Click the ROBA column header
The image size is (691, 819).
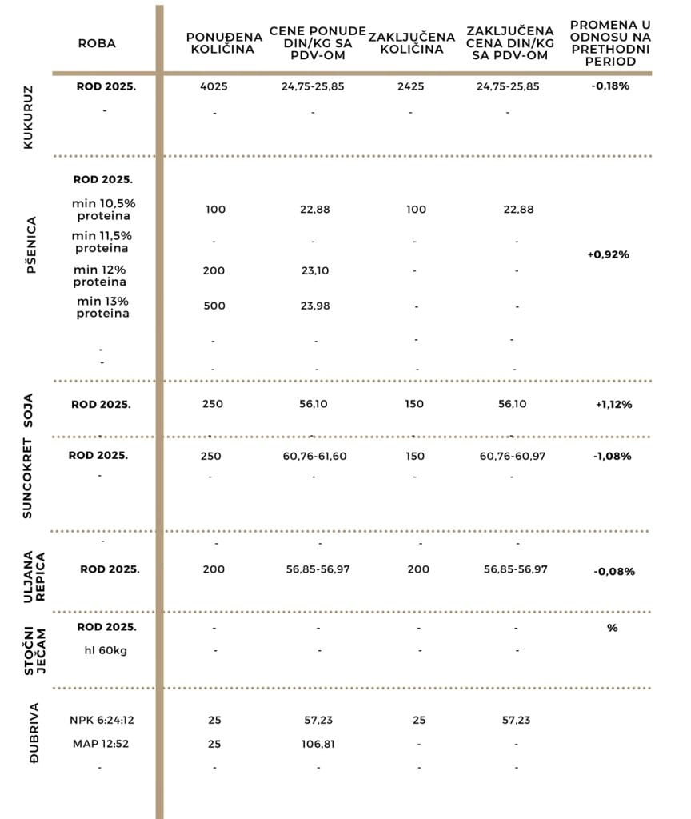tap(97, 43)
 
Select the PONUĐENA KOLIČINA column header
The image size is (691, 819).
tap(220, 43)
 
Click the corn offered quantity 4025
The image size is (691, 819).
tap(214, 86)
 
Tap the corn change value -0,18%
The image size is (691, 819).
tap(610, 86)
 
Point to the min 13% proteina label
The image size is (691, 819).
tap(102, 307)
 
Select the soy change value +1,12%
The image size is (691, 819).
tap(613, 405)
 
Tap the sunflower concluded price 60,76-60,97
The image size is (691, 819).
tap(512, 455)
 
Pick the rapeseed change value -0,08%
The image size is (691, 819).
tap(614, 572)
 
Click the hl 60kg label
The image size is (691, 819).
tap(105, 650)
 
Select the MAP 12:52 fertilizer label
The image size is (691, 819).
tap(102, 744)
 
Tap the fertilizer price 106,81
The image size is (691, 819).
tap(318, 744)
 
